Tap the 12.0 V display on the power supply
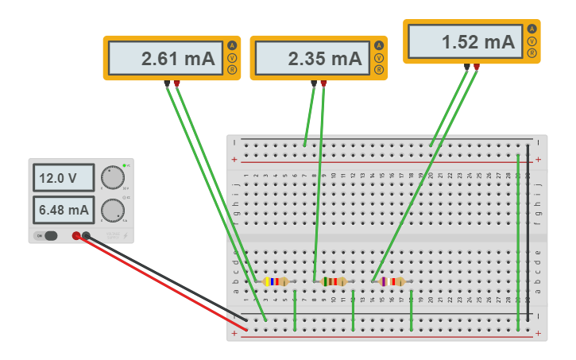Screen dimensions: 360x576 63,178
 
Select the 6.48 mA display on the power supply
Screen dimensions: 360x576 63,210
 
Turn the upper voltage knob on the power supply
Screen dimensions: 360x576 113,176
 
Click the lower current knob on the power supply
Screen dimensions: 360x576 113,209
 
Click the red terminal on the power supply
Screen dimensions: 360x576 76,235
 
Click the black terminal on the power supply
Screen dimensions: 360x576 86,235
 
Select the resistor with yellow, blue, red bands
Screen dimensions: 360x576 275,281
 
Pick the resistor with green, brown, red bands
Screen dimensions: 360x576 334,281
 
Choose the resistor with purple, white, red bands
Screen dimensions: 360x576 392,281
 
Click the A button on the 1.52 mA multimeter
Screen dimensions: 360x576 532,29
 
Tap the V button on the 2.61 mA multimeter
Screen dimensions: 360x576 232,57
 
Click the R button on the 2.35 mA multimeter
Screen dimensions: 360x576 379,70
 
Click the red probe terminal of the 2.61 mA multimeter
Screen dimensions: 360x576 176,83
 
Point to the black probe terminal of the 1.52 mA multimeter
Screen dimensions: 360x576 466,67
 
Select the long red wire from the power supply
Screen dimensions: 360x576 159,282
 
